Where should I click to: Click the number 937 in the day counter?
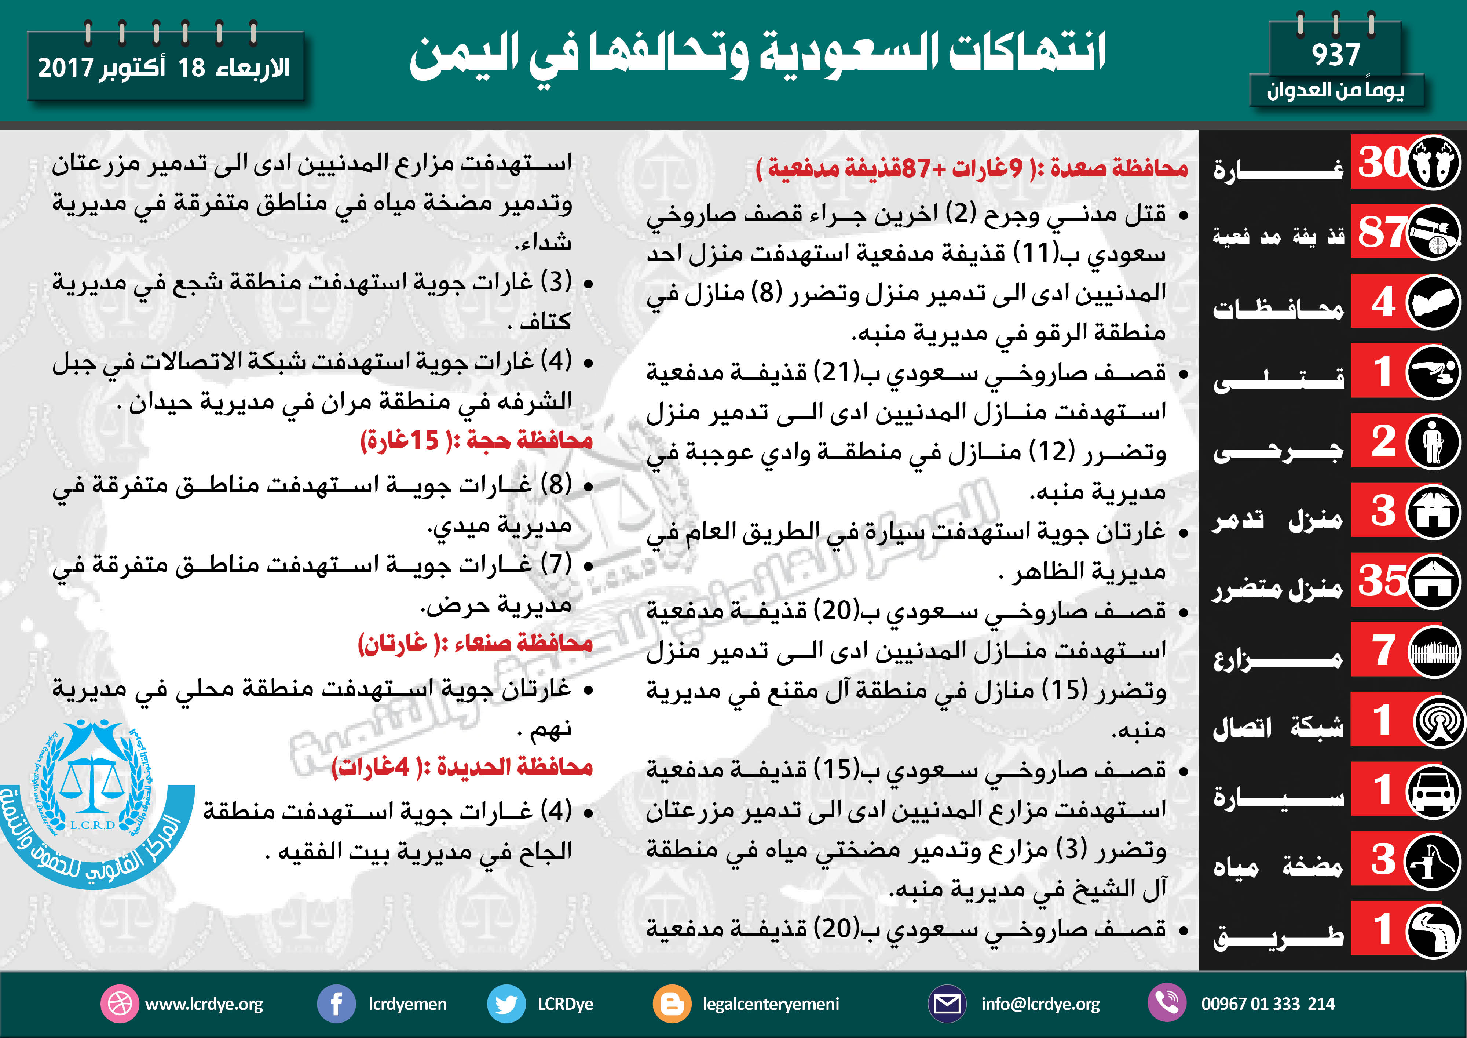pyautogui.click(x=1335, y=55)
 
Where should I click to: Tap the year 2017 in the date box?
pyautogui.click(x=66, y=68)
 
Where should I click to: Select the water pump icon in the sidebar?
pyautogui.click(x=1434, y=860)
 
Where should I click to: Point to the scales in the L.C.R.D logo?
pyautogui.click(x=93, y=783)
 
